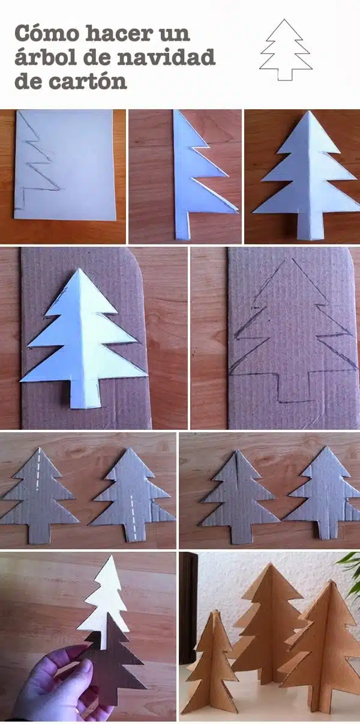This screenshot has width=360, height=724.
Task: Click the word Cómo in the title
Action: (47, 33)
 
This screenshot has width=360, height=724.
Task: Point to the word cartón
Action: (88, 81)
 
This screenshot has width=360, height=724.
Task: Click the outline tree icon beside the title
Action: (286, 50)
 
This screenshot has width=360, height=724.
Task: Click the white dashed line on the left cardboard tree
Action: (38, 469)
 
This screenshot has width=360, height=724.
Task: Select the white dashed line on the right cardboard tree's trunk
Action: (133, 517)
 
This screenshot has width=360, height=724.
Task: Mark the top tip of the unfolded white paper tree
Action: (307, 111)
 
